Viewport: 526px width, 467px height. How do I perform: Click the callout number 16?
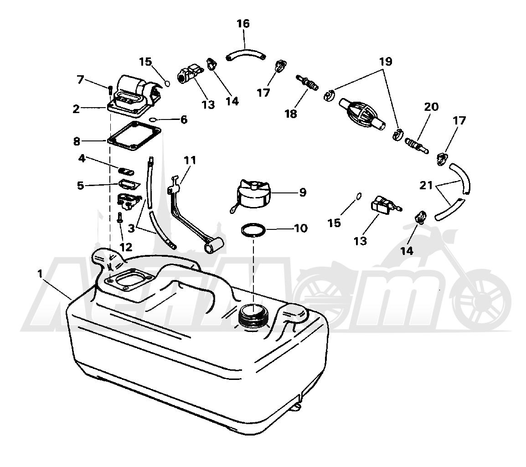pos(243,24)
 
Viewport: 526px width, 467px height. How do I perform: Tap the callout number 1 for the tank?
pos(40,274)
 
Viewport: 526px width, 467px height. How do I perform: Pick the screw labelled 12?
pos(119,218)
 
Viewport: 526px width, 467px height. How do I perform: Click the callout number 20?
pos(431,107)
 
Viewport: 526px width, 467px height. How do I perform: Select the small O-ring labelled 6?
pos(153,119)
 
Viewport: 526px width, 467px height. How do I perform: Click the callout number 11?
pos(190,160)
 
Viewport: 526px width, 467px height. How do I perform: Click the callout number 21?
pos(426,185)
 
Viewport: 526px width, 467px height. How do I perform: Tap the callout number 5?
pos(80,185)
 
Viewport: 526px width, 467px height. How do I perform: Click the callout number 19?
pos(386,62)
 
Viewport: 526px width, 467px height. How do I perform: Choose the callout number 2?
pos(76,109)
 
